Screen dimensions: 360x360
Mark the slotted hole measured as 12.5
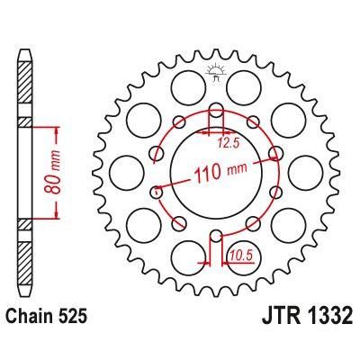[216, 115]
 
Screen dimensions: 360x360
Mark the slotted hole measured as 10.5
[216, 240]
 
